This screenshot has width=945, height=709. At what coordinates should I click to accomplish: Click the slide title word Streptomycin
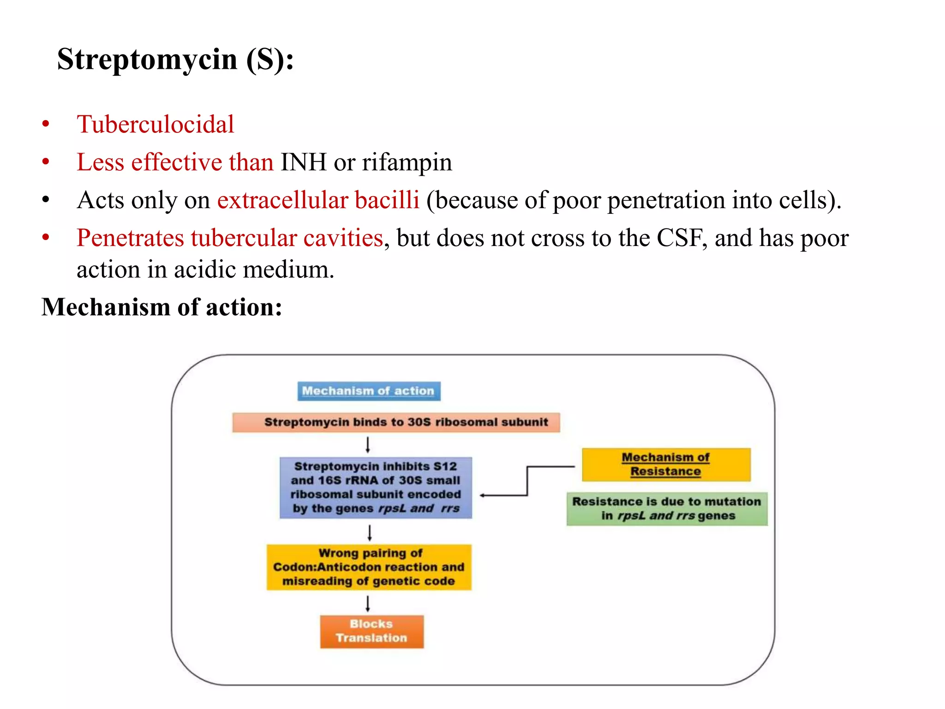(x=147, y=60)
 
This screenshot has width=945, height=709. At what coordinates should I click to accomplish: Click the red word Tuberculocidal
(x=156, y=125)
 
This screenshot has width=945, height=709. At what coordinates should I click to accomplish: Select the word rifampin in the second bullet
(x=407, y=162)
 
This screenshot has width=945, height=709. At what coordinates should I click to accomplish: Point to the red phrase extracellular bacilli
(x=318, y=200)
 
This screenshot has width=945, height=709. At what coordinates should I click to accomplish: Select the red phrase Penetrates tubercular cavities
(x=230, y=238)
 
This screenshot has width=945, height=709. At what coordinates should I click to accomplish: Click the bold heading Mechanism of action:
(x=161, y=307)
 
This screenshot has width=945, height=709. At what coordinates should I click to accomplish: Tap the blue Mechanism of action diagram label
(x=369, y=391)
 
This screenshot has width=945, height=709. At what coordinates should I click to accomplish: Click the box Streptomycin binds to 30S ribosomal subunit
(x=396, y=422)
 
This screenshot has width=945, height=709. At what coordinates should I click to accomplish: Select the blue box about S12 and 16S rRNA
(x=376, y=487)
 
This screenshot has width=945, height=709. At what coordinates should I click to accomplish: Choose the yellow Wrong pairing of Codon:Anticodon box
(x=369, y=567)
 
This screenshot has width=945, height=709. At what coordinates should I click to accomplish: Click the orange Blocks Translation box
(x=371, y=631)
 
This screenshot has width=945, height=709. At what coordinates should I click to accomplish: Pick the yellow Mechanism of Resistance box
(x=666, y=464)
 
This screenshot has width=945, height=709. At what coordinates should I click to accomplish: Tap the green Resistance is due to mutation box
(x=667, y=509)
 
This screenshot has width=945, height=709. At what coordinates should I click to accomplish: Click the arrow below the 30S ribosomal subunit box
(x=368, y=445)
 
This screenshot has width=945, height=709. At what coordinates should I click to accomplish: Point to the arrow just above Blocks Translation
(x=368, y=603)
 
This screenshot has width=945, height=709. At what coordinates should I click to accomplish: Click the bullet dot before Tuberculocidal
(x=46, y=125)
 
